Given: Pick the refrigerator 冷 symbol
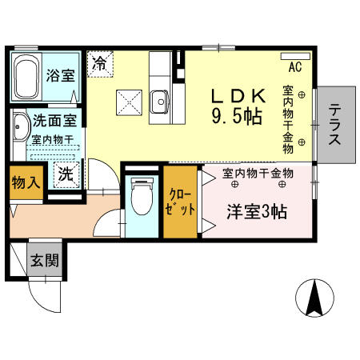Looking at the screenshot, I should tap(100, 62).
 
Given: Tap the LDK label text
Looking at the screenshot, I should tap(238, 95).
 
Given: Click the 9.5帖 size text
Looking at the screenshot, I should tap(238, 116).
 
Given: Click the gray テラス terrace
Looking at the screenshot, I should tap(334, 123).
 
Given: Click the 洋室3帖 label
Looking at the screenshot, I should tap(256, 212).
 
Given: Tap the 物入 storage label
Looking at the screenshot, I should tap(25, 182).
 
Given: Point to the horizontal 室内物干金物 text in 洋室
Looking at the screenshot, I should tap(258, 174).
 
